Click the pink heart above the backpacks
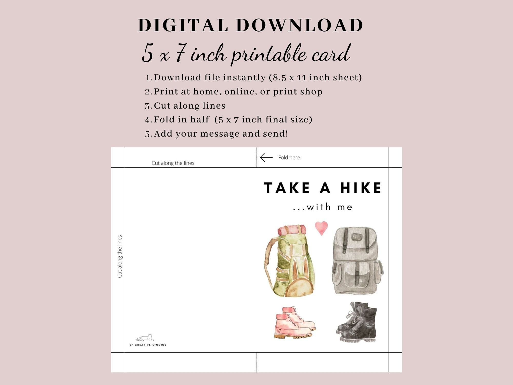pyautogui.click(x=321, y=227)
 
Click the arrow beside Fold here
pyautogui.click(x=266, y=157)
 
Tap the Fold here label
pyautogui.click(x=289, y=158)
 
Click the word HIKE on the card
pyautogui.click(x=361, y=188)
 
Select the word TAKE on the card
pyautogui.click(x=287, y=188)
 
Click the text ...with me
pyautogui.click(x=323, y=207)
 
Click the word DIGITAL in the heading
pyautogui.click(x=183, y=25)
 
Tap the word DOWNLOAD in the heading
pyautogui.click(x=299, y=25)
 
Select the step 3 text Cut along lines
pyautogui.click(x=189, y=106)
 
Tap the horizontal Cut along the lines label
pyautogui.click(x=173, y=163)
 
